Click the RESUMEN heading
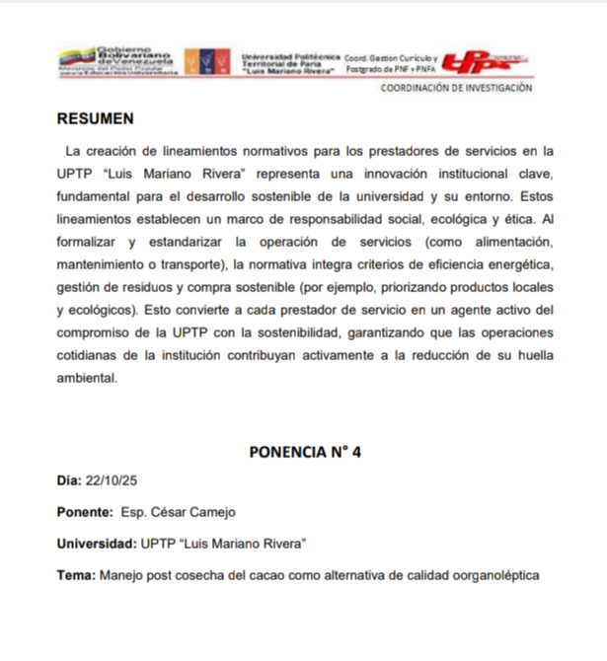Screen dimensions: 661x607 point(95,119)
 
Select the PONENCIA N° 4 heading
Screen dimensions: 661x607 point(305,452)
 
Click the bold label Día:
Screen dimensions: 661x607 point(69,481)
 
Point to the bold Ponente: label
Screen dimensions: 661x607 point(84,512)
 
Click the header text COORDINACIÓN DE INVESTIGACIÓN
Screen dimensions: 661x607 point(457,88)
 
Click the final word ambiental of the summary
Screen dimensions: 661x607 point(87,378)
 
